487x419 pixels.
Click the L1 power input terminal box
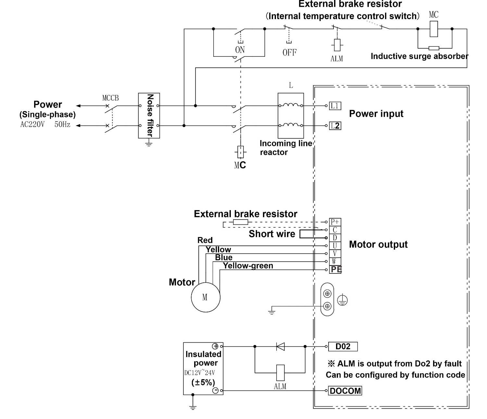335,106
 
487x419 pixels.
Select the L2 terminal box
335,126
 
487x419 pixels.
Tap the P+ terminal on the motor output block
335,222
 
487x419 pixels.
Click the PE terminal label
336,269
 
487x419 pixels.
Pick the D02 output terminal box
343,346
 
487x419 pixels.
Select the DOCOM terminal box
345,391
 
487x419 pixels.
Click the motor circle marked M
206,297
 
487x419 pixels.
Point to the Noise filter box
149,115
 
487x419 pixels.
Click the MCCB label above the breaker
110,98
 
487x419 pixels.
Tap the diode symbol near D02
281,346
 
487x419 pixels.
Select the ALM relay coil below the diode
281,373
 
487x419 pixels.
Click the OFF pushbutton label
290,53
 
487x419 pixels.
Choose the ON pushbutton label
240,50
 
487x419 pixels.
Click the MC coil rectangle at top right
434,29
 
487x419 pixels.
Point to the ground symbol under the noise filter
149,143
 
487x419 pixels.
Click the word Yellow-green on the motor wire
248,266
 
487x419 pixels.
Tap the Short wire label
272,234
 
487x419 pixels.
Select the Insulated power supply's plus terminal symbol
215,346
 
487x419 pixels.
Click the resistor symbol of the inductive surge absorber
434,48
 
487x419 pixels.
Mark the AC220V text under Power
32,124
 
